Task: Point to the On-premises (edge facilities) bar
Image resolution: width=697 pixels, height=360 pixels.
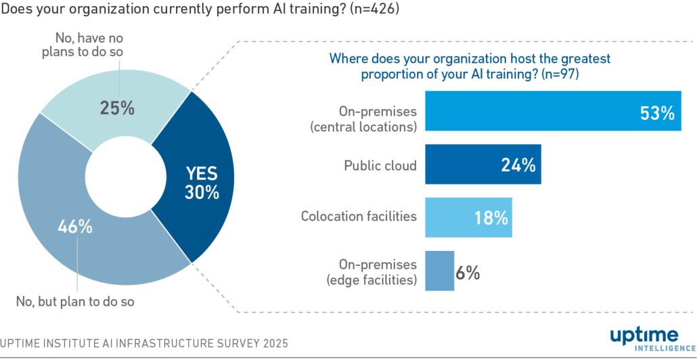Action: [439, 271]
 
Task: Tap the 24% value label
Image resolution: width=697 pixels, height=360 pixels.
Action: [518, 165]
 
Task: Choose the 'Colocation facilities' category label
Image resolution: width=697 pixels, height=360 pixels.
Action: [359, 217]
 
